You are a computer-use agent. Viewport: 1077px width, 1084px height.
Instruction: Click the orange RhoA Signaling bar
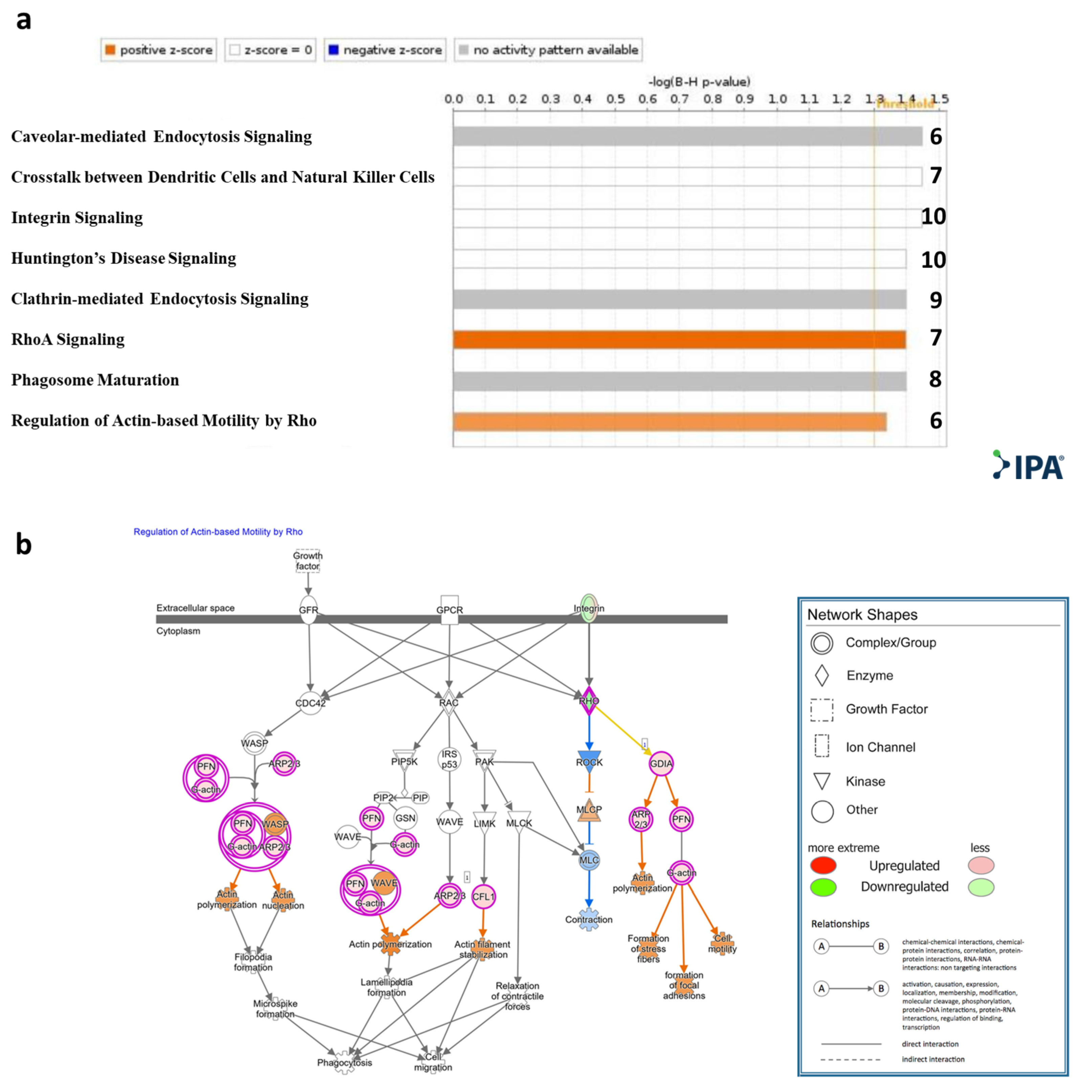679,339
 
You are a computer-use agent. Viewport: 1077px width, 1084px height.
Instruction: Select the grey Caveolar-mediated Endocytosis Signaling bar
687,136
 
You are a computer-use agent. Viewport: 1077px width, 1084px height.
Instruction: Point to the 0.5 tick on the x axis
615,99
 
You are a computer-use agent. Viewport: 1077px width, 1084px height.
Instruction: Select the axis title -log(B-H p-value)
699,82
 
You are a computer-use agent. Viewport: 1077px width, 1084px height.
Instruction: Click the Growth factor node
308,560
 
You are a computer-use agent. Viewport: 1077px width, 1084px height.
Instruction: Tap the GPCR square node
449,609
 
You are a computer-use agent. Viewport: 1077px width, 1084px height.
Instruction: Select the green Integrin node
589,608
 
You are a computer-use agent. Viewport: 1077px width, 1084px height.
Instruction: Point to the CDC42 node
310,703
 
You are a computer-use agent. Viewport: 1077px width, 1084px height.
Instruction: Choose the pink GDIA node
661,764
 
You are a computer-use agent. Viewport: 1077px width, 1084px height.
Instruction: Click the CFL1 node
483,897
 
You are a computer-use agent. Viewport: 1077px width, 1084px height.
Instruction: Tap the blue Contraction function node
589,920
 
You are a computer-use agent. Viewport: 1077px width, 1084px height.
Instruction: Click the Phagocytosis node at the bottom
345,1062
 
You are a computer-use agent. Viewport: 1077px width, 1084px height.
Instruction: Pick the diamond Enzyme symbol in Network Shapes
822,676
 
